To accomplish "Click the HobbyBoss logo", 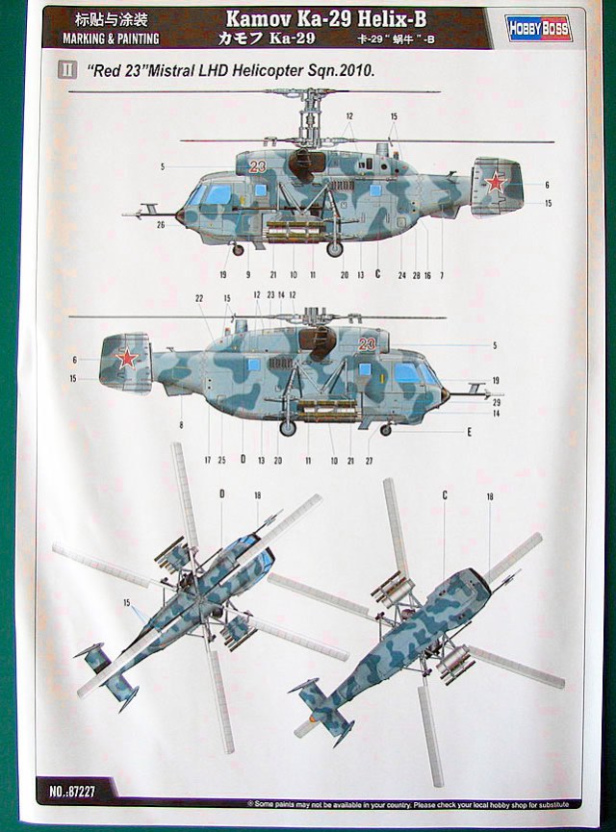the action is click(539, 29).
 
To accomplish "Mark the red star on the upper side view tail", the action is click(495, 182).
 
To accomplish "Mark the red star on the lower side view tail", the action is click(126, 359).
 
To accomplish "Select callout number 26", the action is click(162, 225).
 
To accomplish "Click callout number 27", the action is click(369, 461).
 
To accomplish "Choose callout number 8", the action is click(181, 423).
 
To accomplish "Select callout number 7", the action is click(442, 275).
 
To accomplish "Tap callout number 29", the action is click(496, 402).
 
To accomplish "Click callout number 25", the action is click(221, 461).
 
